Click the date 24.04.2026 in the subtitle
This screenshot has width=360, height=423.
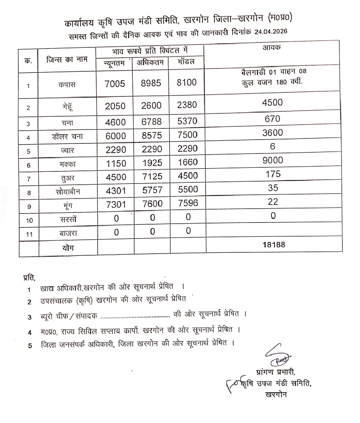click(270, 32)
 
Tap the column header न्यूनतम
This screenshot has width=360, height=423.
click(114, 63)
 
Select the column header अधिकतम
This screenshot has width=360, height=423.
click(150, 62)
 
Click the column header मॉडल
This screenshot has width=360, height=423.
click(186, 62)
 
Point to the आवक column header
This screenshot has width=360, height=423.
click(272, 48)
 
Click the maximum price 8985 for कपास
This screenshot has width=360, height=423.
click(151, 83)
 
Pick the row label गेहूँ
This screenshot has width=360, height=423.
click(67, 107)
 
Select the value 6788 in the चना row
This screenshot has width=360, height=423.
click(151, 122)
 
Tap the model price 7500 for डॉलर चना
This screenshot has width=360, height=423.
click(187, 135)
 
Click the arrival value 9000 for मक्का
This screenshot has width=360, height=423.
click(273, 160)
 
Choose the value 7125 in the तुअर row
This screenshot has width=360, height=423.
click(152, 176)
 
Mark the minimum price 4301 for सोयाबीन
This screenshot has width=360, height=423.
click(116, 190)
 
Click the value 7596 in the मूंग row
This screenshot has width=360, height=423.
click(188, 203)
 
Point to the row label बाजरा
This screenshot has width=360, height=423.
click(68, 233)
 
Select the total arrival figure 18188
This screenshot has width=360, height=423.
click(274, 245)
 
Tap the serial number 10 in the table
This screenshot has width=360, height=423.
click(29, 221)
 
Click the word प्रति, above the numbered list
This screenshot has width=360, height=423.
click(29, 277)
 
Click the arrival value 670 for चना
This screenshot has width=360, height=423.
click(272, 119)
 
